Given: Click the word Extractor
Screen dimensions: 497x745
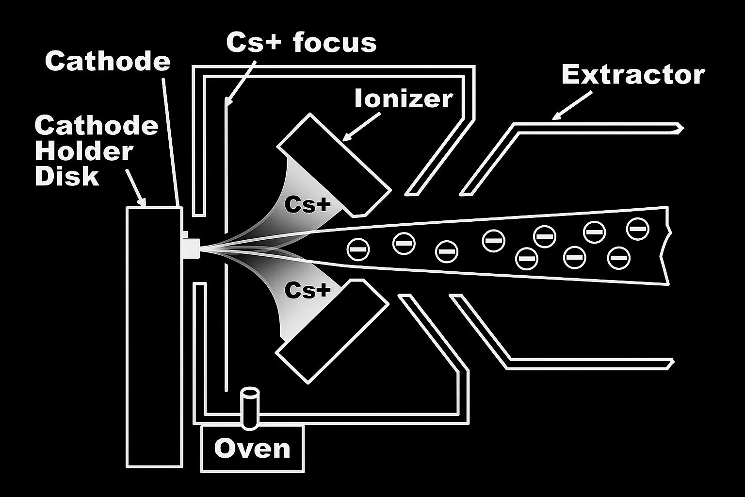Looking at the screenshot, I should coord(632,75).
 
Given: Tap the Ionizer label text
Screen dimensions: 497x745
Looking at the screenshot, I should coord(403,99).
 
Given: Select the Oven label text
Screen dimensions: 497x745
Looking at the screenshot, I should coord(252,449).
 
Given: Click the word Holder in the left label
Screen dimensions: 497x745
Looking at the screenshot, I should coord(83,151).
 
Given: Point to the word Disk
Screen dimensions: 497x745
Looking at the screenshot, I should coord(67,176).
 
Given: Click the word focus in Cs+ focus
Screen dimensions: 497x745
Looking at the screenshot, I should coord(335,42).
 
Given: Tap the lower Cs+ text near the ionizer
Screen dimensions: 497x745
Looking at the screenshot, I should coord(307,290).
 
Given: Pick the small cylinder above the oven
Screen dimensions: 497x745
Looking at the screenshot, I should coord(251,408).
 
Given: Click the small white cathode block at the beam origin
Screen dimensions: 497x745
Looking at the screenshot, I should coord(191,247).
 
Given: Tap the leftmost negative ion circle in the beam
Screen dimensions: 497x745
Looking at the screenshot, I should coord(358,249).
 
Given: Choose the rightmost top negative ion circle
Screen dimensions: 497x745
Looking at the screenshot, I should coord(637,229).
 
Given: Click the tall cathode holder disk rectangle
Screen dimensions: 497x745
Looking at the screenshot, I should coord(154,337).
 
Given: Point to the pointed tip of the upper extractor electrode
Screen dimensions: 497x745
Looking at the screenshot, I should coord(681,129).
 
